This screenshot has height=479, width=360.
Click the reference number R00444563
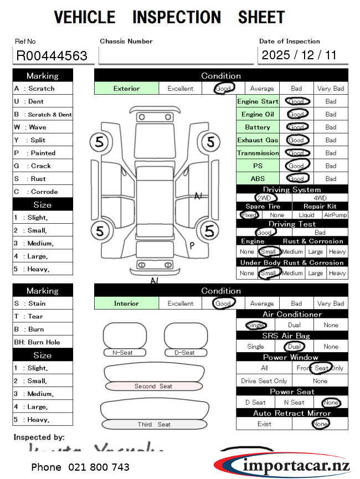(x=52, y=55)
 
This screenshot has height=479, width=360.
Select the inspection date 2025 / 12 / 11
(x=299, y=55)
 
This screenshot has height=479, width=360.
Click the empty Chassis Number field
(x=176, y=55)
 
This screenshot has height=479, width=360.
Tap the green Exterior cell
(x=127, y=88)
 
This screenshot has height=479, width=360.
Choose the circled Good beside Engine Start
(x=297, y=101)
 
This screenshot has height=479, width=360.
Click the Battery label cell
(x=258, y=127)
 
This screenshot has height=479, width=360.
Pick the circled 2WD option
(x=264, y=198)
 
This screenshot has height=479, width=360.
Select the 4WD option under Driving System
(x=320, y=198)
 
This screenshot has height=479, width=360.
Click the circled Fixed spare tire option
(x=249, y=215)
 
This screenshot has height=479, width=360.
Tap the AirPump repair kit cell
(x=336, y=215)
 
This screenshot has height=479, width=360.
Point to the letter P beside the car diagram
(x=192, y=246)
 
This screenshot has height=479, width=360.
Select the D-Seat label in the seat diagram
(x=184, y=353)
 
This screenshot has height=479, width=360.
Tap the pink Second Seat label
(x=153, y=386)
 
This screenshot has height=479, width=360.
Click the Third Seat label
(x=154, y=425)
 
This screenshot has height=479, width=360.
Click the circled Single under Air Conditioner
(x=255, y=325)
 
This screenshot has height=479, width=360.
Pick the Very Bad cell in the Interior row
(x=331, y=303)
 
